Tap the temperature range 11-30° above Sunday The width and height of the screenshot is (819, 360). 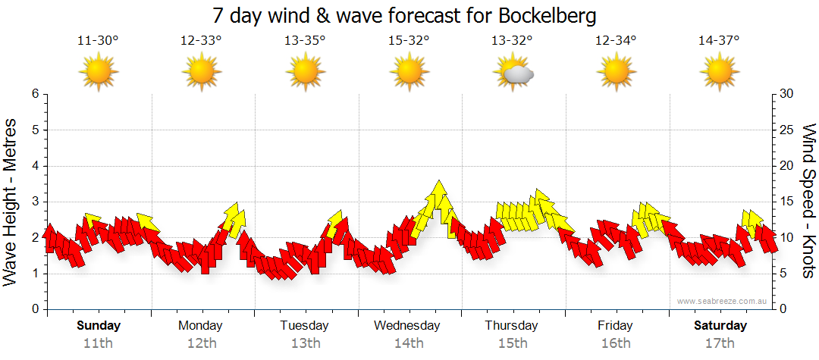pos(98,40)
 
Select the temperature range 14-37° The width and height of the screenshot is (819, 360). pos(719,40)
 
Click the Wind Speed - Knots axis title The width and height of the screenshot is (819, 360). pos(808,201)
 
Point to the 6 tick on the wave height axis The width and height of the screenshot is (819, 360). pos(34,94)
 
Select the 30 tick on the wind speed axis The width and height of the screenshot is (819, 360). pos(787,94)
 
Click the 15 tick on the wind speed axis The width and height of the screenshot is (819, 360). pos(787,202)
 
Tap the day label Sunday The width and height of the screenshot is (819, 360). pos(99,326)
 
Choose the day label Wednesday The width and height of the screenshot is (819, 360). pos(407,326)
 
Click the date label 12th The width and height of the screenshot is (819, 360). pos(202,343)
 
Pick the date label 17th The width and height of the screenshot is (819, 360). pos(720,343)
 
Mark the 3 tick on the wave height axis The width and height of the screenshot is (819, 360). pos(34,202)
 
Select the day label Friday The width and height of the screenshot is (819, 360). pos(615,326)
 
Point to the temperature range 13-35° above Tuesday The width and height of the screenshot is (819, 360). pos(305,40)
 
